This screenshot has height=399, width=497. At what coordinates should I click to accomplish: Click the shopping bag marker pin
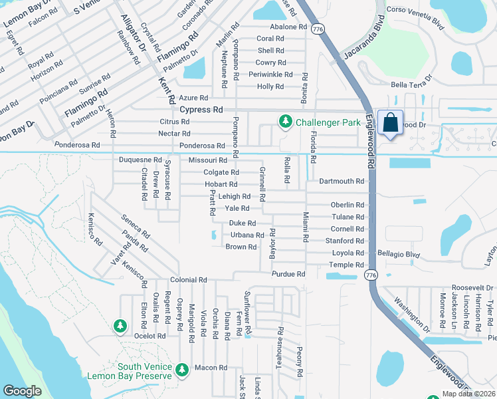click(x=389, y=124)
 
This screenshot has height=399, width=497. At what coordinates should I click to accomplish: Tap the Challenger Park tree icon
click(x=285, y=121)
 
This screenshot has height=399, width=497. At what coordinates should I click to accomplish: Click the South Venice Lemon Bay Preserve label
click(x=130, y=371)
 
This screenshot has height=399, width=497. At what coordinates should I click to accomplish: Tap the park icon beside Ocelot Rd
click(x=120, y=326)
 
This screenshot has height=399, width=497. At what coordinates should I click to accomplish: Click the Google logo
click(x=22, y=391)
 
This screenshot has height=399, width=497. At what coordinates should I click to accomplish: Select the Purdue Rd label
click(x=288, y=274)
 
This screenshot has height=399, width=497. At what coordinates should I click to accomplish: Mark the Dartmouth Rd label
click(x=342, y=181)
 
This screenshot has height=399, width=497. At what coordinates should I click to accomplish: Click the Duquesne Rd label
click(x=140, y=160)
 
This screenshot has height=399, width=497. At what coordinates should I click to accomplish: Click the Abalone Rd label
click(x=288, y=27)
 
